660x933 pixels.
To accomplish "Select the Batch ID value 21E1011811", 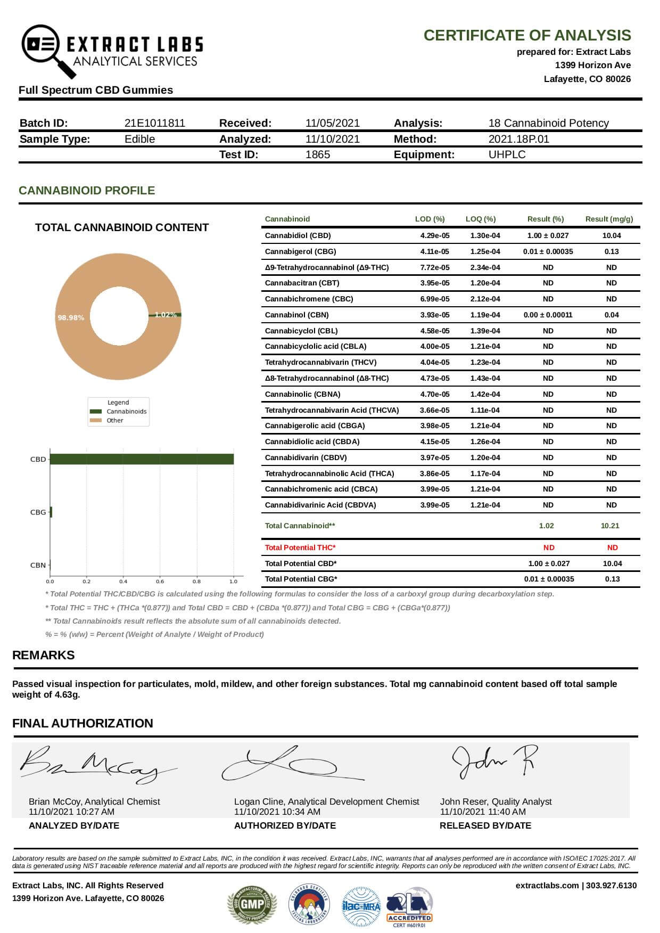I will tap(155, 123).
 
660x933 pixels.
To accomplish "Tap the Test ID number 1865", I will tap(318, 154).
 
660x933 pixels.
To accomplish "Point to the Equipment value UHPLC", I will tap(507, 154).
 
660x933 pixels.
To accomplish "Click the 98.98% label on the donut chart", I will tap(71, 317).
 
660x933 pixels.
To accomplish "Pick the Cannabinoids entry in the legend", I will tap(126, 412).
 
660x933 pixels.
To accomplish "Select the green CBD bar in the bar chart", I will tap(142, 459).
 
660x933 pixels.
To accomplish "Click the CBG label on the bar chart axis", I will tap(38, 512).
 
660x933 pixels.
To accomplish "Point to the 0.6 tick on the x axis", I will tap(160, 582).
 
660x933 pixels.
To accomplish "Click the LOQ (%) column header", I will tap(481, 219).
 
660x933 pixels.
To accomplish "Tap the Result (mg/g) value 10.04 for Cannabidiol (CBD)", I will tap(612, 235).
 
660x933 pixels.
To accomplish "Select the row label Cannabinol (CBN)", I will tap(297, 315).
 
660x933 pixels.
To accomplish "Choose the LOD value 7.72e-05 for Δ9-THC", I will tap(435, 267).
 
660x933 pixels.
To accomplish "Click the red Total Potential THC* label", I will tap(300, 547).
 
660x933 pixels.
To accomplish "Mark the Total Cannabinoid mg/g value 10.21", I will tap(610, 526).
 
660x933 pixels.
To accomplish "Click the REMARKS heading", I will tap(44, 655).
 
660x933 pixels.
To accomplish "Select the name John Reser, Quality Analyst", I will tap(496, 801).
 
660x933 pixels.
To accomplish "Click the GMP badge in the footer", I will tap(252, 904).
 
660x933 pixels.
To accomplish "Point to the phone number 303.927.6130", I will tap(612, 886).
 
